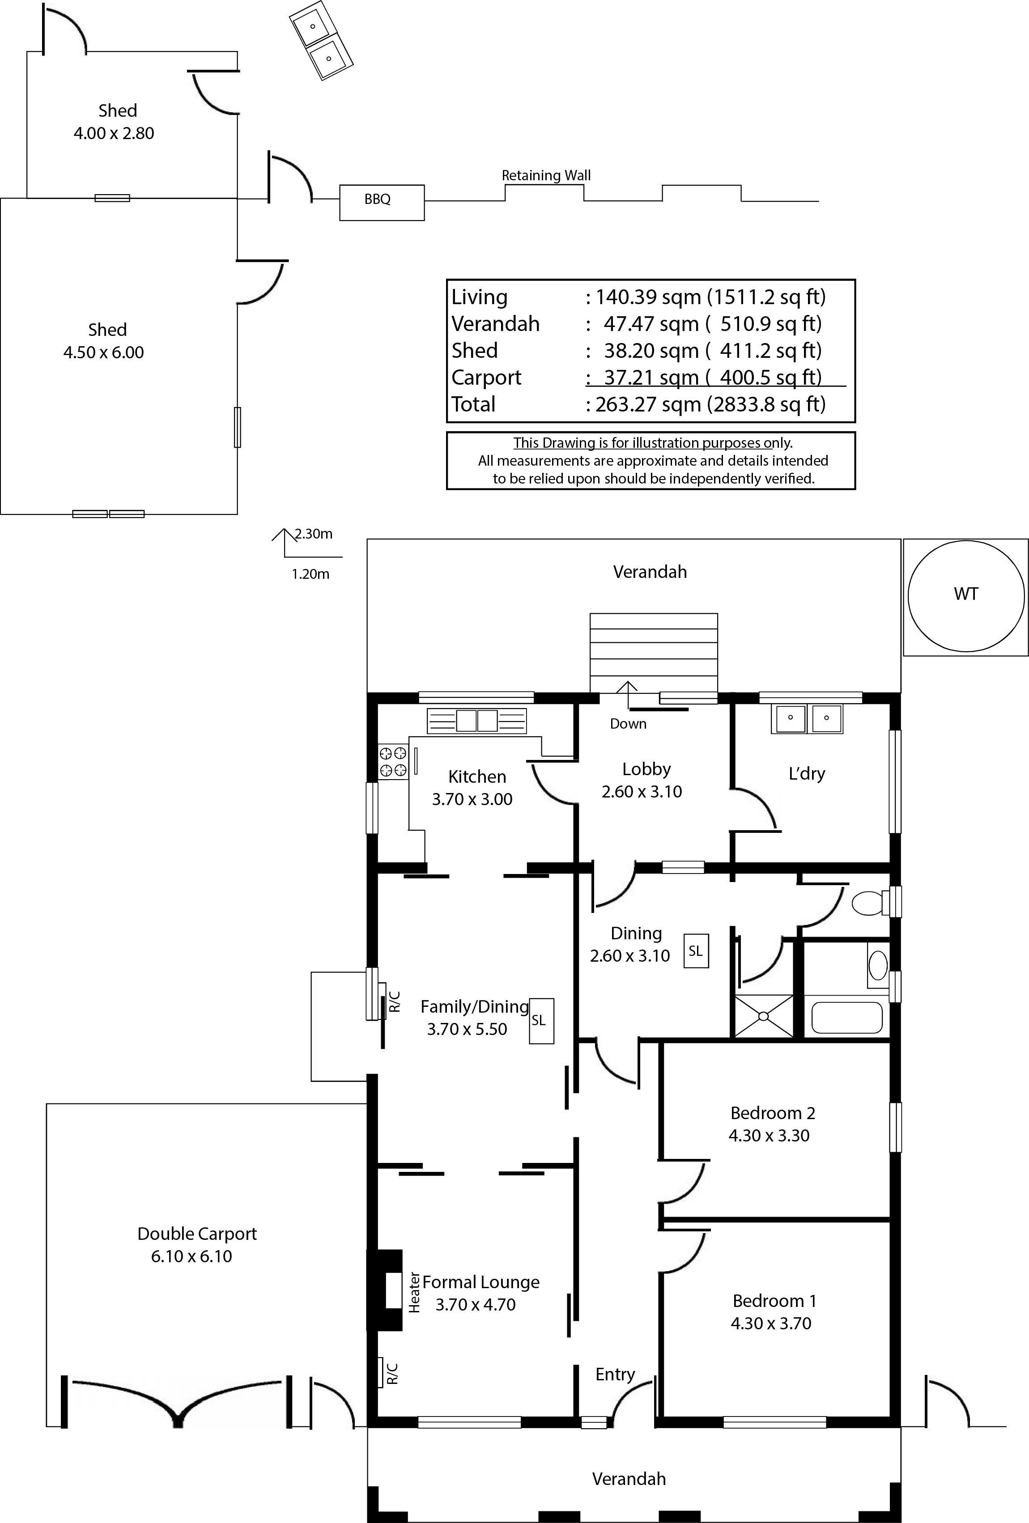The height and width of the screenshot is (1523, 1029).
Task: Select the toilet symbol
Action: (x=870, y=904)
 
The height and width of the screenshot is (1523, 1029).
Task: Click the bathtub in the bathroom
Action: (x=847, y=1018)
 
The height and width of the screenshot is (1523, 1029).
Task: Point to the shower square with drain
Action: (x=764, y=1016)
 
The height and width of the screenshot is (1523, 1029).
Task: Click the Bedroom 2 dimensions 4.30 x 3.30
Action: (x=769, y=1136)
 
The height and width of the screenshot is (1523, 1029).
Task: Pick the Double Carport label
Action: (x=196, y=1234)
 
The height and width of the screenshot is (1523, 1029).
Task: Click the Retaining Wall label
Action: (x=546, y=176)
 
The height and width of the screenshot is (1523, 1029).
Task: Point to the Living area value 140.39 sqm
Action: (x=649, y=297)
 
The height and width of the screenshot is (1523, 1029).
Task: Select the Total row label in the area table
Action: (x=473, y=404)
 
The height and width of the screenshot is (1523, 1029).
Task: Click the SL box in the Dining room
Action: (x=696, y=951)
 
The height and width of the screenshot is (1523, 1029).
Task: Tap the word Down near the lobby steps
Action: (x=628, y=724)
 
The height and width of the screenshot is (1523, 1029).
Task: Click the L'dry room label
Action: (x=806, y=773)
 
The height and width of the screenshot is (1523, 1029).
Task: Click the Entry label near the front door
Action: (x=615, y=1374)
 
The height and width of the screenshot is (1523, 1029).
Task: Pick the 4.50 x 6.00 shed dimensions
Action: (x=103, y=352)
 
